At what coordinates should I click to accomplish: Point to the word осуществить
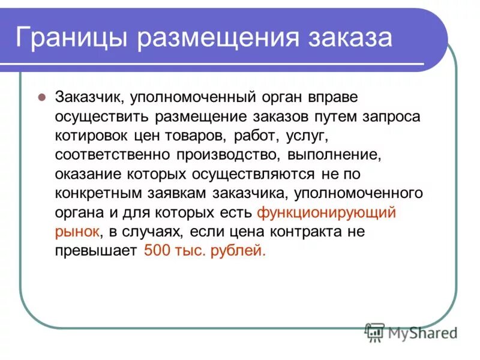(91, 116)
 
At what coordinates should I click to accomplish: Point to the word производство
(229, 155)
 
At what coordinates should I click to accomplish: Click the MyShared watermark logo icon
(375, 332)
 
